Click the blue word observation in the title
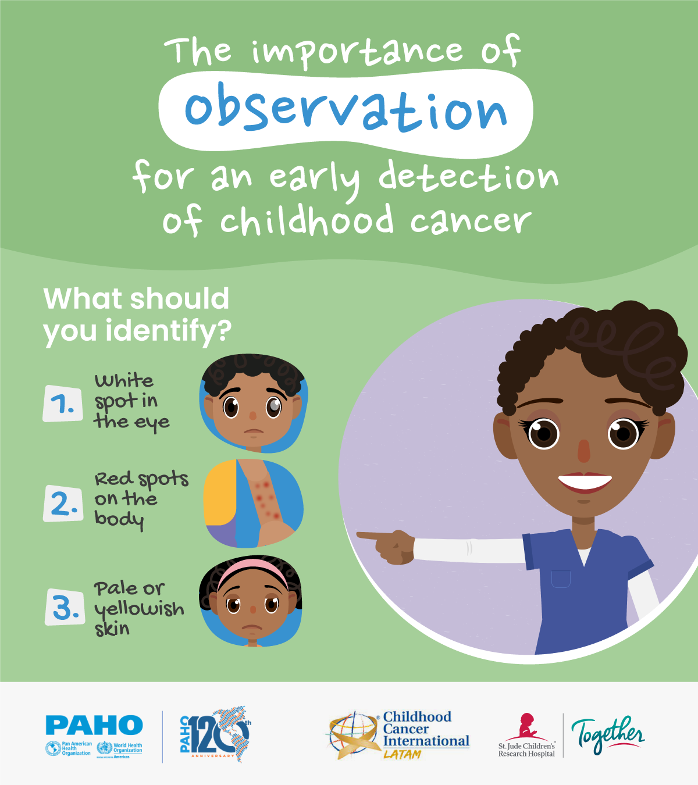346,108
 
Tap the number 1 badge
62,404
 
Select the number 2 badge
63,503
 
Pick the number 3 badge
65,606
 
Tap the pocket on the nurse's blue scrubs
561,579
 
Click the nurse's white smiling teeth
585,482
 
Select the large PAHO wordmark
94,725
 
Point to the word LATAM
403,754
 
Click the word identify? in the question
169,331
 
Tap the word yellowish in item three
139,609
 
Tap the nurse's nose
583,451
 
